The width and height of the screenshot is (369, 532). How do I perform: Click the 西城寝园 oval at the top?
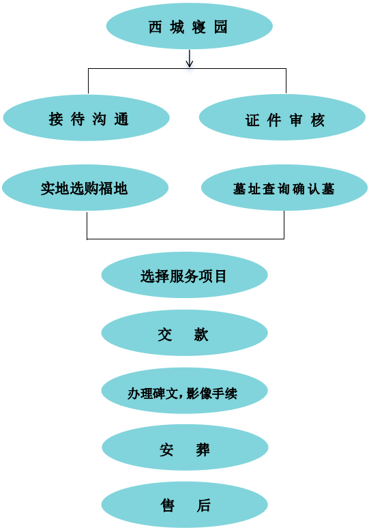[x=189, y=26]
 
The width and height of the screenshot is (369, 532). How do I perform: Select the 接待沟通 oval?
[x=86, y=118]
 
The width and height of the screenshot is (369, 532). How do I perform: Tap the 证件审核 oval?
[x=282, y=117]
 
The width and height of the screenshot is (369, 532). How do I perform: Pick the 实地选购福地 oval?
[x=85, y=188]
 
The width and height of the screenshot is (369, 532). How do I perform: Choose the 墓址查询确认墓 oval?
[x=284, y=188]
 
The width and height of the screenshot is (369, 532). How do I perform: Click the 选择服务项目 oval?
[x=184, y=275]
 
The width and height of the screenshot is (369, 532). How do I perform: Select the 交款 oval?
[x=184, y=333]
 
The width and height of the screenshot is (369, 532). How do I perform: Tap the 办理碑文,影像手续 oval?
[x=184, y=391]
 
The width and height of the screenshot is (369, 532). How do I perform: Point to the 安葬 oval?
[x=185, y=447]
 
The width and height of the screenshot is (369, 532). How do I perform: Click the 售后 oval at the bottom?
[x=184, y=505]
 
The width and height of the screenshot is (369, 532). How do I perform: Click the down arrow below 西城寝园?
[x=189, y=59]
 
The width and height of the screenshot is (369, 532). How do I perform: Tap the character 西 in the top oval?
[x=155, y=27]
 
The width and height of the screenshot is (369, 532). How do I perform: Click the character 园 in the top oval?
[x=220, y=27]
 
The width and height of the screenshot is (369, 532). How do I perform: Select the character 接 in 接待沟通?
[x=56, y=119]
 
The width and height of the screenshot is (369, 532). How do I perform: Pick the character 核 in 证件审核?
[x=318, y=120]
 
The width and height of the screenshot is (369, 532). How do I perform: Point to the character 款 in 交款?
[x=201, y=334]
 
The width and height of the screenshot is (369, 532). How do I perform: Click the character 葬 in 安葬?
[x=203, y=450]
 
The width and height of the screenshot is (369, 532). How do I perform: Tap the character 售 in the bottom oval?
[x=168, y=505]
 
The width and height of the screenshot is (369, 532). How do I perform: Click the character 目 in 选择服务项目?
[x=221, y=276]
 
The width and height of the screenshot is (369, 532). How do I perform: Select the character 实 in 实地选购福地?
[x=48, y=189]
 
